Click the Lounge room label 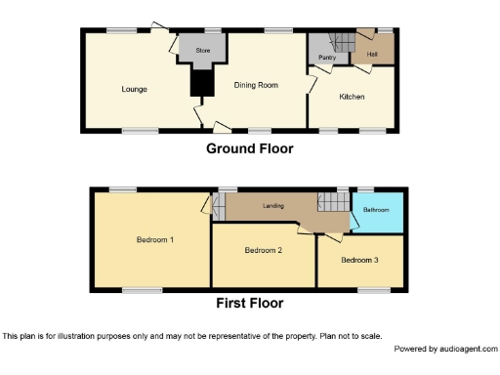point(134,90)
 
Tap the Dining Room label point(256,85)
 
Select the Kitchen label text point(352,97)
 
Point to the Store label point(203,50)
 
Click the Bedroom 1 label point(154,239)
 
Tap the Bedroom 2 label point(263,251)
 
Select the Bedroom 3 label point(359,260)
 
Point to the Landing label point(272,206)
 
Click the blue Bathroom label point(376,210)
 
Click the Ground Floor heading point(249,149)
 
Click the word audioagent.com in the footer point(469,349)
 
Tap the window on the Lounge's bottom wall point(140,129)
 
